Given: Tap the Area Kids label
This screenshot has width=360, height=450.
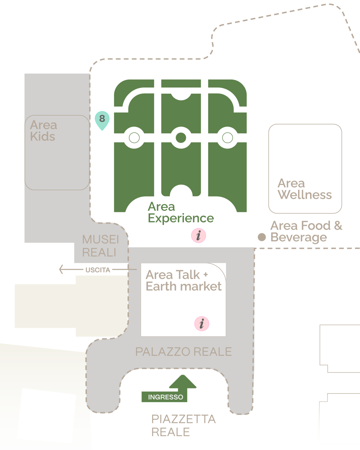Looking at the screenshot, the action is click(x=44, y=131).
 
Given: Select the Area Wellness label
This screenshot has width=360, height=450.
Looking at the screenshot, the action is click(x=305, y=189).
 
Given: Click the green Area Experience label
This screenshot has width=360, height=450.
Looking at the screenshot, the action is click(x=181, y=212).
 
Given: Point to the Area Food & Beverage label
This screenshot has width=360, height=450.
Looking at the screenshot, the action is click(x=306, y=231).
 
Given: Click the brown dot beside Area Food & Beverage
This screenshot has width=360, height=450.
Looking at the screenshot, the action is click(x=262, y=237).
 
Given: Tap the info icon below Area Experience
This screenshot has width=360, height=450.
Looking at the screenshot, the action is click(x=199, y=235).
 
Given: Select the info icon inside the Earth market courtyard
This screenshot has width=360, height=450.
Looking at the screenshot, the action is click(x=202, y=324).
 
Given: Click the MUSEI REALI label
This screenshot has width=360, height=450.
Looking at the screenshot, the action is click(x=101, y=246).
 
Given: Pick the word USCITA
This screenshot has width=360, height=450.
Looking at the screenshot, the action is click(x=98, y=270).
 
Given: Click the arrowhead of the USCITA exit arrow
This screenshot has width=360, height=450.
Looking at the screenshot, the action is click(x=61, y=269).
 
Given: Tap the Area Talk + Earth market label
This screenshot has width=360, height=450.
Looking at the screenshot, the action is click(x=183, y=280).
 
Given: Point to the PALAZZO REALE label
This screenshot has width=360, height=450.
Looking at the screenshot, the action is click(x=183, y=352).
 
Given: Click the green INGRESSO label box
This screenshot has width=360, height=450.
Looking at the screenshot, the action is click(x=165, y=397).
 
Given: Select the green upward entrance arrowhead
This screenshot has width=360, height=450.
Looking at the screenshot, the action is click(x=183, y=381).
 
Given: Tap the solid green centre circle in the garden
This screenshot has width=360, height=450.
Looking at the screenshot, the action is click(x=181, y=138).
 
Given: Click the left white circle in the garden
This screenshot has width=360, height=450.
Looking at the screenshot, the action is click(x=134, y=138).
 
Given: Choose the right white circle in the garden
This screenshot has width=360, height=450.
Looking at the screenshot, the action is click(x=228, y=138).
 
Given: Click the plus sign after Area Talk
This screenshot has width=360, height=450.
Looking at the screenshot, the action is click(x=206, y=274).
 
